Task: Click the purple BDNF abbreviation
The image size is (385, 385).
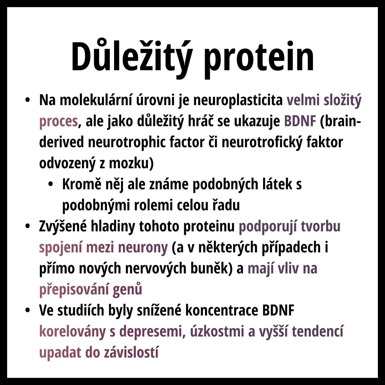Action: (x=300, y=121)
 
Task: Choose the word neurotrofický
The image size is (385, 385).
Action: (x=262, y=142)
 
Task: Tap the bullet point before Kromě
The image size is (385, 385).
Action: (x=51, y=184)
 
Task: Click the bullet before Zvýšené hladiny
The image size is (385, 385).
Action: (x=27, y=226)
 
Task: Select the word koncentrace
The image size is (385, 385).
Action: (x=222, y=310)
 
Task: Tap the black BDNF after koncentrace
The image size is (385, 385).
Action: (x=278, y=310)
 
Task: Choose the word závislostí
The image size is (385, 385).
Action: (x=131, y=353)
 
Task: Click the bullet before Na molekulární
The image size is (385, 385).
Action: (x=27, y=100)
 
